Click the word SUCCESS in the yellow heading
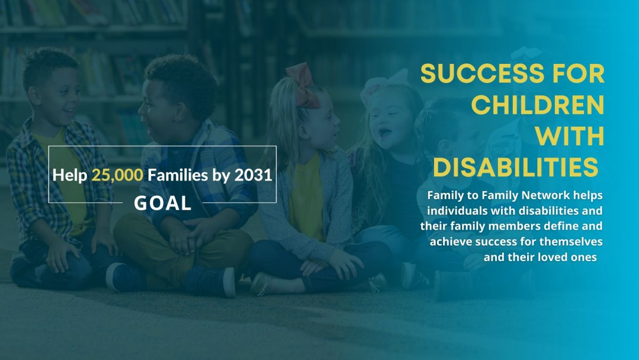click(x=482, y=73)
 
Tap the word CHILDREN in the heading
click(x=538, y=105)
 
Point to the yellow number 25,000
click(x=117, y=175)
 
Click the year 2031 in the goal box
click(x=253, y=175)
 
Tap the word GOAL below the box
click(x=162, y=203)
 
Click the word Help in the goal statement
click(x=70, y=175)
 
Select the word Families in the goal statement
click(x=178, y=175)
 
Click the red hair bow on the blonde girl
click(x=304, y=86)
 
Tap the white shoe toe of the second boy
click(x=229, y=282)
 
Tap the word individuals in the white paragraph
click(x=452, y=211)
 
